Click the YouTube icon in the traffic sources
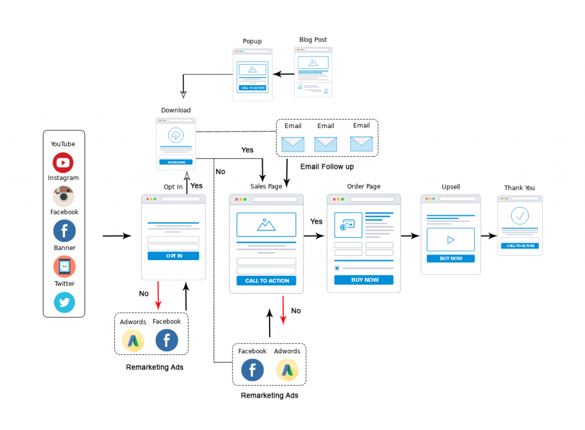click(63, 163)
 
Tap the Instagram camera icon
click(63, 197)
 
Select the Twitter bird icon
click(64, 302)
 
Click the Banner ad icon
click(64, 266)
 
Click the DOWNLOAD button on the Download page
click(176, 162)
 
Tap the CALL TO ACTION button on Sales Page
click(267, 281)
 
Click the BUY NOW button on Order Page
click(364, 280)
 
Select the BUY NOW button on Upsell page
click(451, 258)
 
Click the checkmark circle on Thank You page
click(519, 216)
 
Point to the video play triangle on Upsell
click(451, 240)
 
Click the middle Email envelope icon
click(326, 144)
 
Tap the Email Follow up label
click(327, 166)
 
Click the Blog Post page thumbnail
click(312, 72)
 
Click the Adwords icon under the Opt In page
click(133, 341)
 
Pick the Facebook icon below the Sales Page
click(253, 370)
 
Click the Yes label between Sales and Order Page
click(316, 221)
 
